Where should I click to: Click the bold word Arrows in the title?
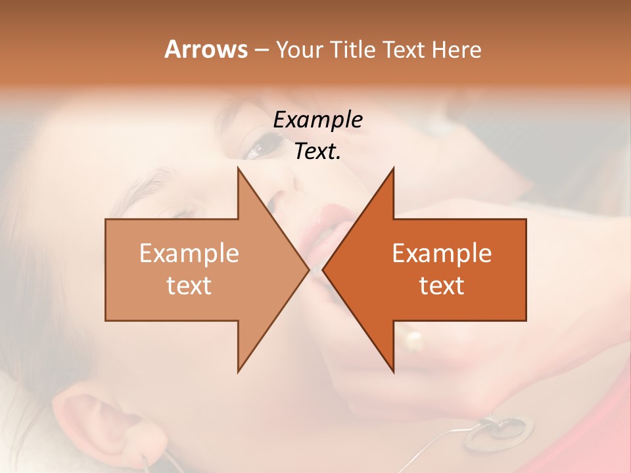tap(205, 49)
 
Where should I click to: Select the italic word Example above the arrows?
tap(317, 120)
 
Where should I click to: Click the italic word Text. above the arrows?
tap(317, 151)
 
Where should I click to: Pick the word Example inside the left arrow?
tap(189, 253)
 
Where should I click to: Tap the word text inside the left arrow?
tap(189, 285)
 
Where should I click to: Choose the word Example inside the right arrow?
tap(442, 253)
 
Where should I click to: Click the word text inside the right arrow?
tap(442, 285)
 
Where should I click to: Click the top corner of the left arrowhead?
tap(238, 168)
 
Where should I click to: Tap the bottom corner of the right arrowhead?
tap(393, 371)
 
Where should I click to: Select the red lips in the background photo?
tap(329, 227)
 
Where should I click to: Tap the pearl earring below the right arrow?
tap(413, 340)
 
